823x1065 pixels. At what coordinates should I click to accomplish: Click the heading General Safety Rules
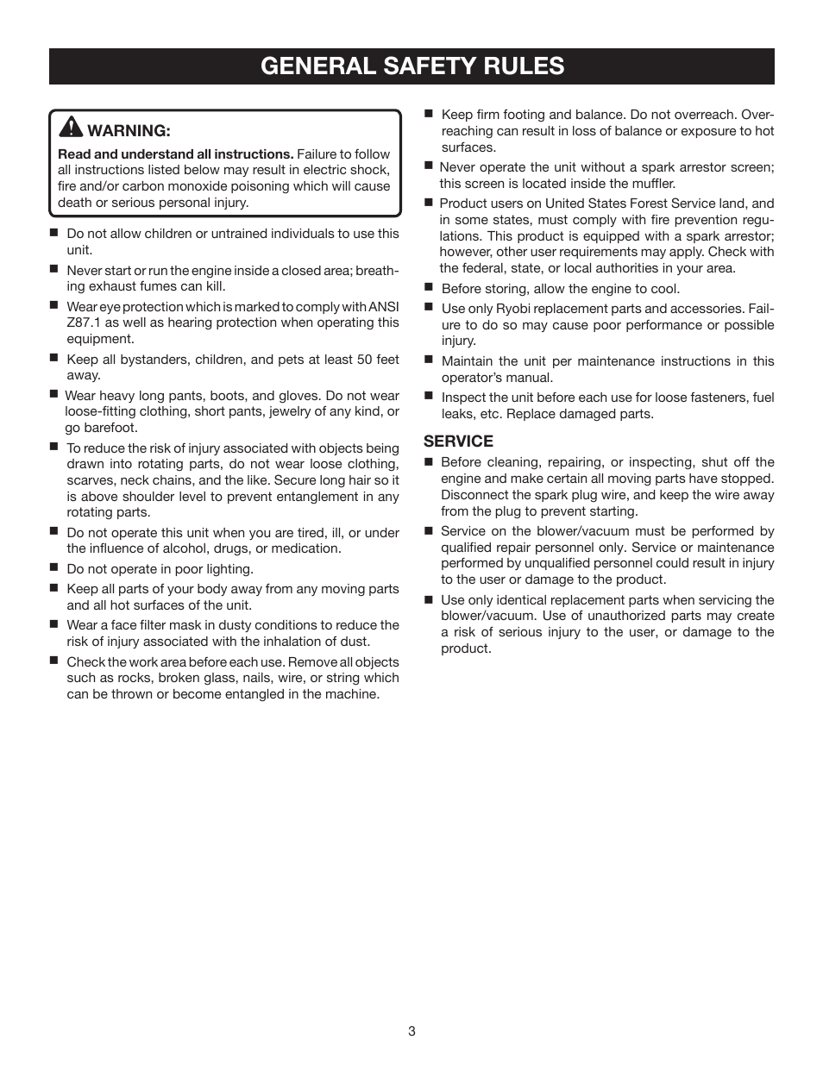click(411, 66)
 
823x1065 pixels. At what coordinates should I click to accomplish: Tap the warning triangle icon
click(71, 128)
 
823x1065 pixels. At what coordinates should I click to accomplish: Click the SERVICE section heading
click(458, 442)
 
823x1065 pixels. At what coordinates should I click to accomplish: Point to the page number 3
click(411, 1031)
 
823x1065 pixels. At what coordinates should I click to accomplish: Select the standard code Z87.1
click(84, 323)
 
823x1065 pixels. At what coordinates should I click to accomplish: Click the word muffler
click(651, 184)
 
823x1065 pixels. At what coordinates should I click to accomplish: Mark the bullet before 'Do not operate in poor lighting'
click(53, 568)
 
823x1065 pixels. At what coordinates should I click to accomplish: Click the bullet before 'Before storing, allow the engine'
click(428, 288)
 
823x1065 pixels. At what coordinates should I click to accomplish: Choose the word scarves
click(91, 480)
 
